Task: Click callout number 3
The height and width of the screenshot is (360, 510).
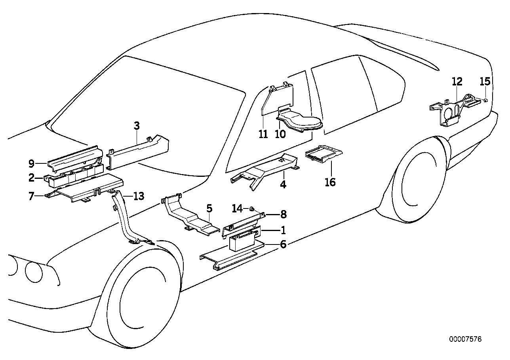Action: tap(137, 127)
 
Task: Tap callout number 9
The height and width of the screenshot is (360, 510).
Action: tap(32, 163)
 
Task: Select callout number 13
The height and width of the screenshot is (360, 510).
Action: tap(139, 195)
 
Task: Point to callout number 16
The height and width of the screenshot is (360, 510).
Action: tap(330, 182)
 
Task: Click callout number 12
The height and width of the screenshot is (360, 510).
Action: tap(457, 82)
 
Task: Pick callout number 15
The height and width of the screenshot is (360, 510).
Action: tap(485, 82)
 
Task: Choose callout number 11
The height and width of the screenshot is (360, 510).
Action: tap(263, 134)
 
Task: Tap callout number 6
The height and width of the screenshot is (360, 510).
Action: tap(283, 244)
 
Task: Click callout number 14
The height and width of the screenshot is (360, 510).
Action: tap(237, 208)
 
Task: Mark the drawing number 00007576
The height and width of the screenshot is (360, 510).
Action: tap(465, 339)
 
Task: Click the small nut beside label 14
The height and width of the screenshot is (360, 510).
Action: tap(251, 208)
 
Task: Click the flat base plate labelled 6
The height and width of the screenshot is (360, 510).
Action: tap(230, 257)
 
